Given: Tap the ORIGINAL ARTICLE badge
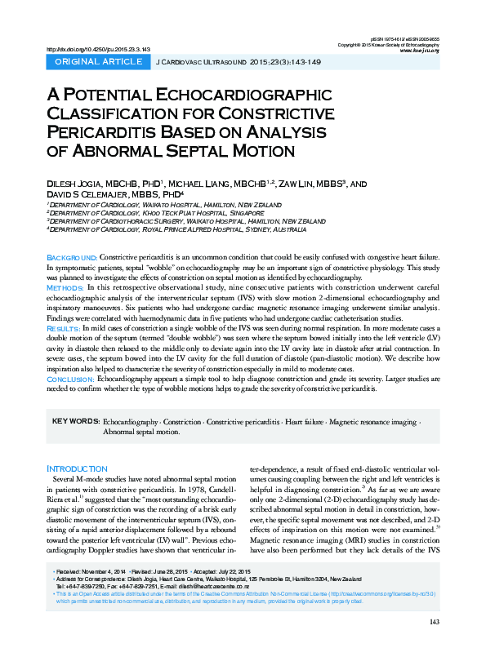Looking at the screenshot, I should coord(97,62).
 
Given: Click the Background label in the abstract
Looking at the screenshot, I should coord(73,258).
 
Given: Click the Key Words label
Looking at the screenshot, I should coord(76,421).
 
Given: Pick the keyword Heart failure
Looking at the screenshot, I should coord(301,421).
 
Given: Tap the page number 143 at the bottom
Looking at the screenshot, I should coord(434,623).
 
